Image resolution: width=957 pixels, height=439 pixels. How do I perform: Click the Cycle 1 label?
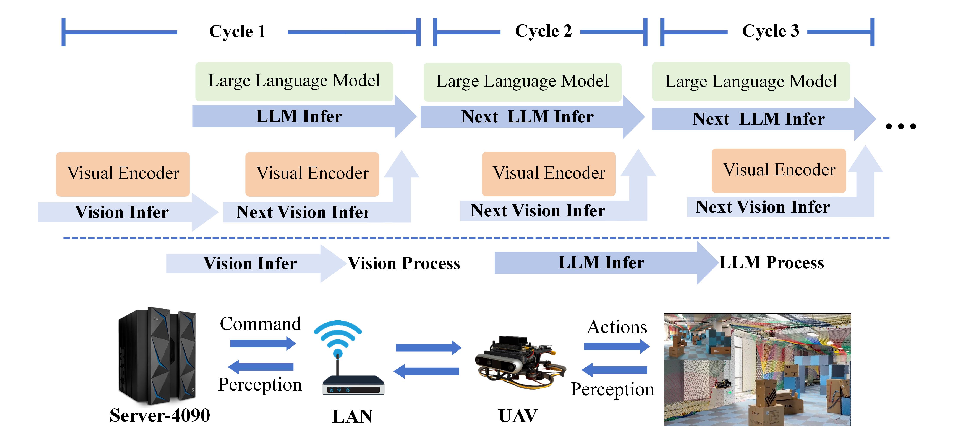(237, 31)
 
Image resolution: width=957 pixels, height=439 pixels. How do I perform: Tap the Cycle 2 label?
(543, 31)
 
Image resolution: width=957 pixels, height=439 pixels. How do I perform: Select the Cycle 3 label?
(771, 31)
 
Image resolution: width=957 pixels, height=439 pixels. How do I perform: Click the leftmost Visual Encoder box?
(123, 174)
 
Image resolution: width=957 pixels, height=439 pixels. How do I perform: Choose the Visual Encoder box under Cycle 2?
(549, 173)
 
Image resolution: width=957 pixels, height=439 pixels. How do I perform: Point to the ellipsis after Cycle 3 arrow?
(901, 126)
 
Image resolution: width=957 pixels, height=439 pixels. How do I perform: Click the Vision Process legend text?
(404, 263)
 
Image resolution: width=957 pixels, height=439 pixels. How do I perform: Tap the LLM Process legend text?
(772, 263)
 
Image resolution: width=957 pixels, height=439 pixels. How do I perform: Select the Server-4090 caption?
(160, 415)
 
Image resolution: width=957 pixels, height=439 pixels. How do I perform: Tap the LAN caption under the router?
(352, 416)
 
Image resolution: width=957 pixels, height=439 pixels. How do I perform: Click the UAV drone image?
(520, 363)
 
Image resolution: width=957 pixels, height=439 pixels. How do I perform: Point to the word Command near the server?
(260, 324)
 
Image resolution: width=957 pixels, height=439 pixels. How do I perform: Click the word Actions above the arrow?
(617, 327)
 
